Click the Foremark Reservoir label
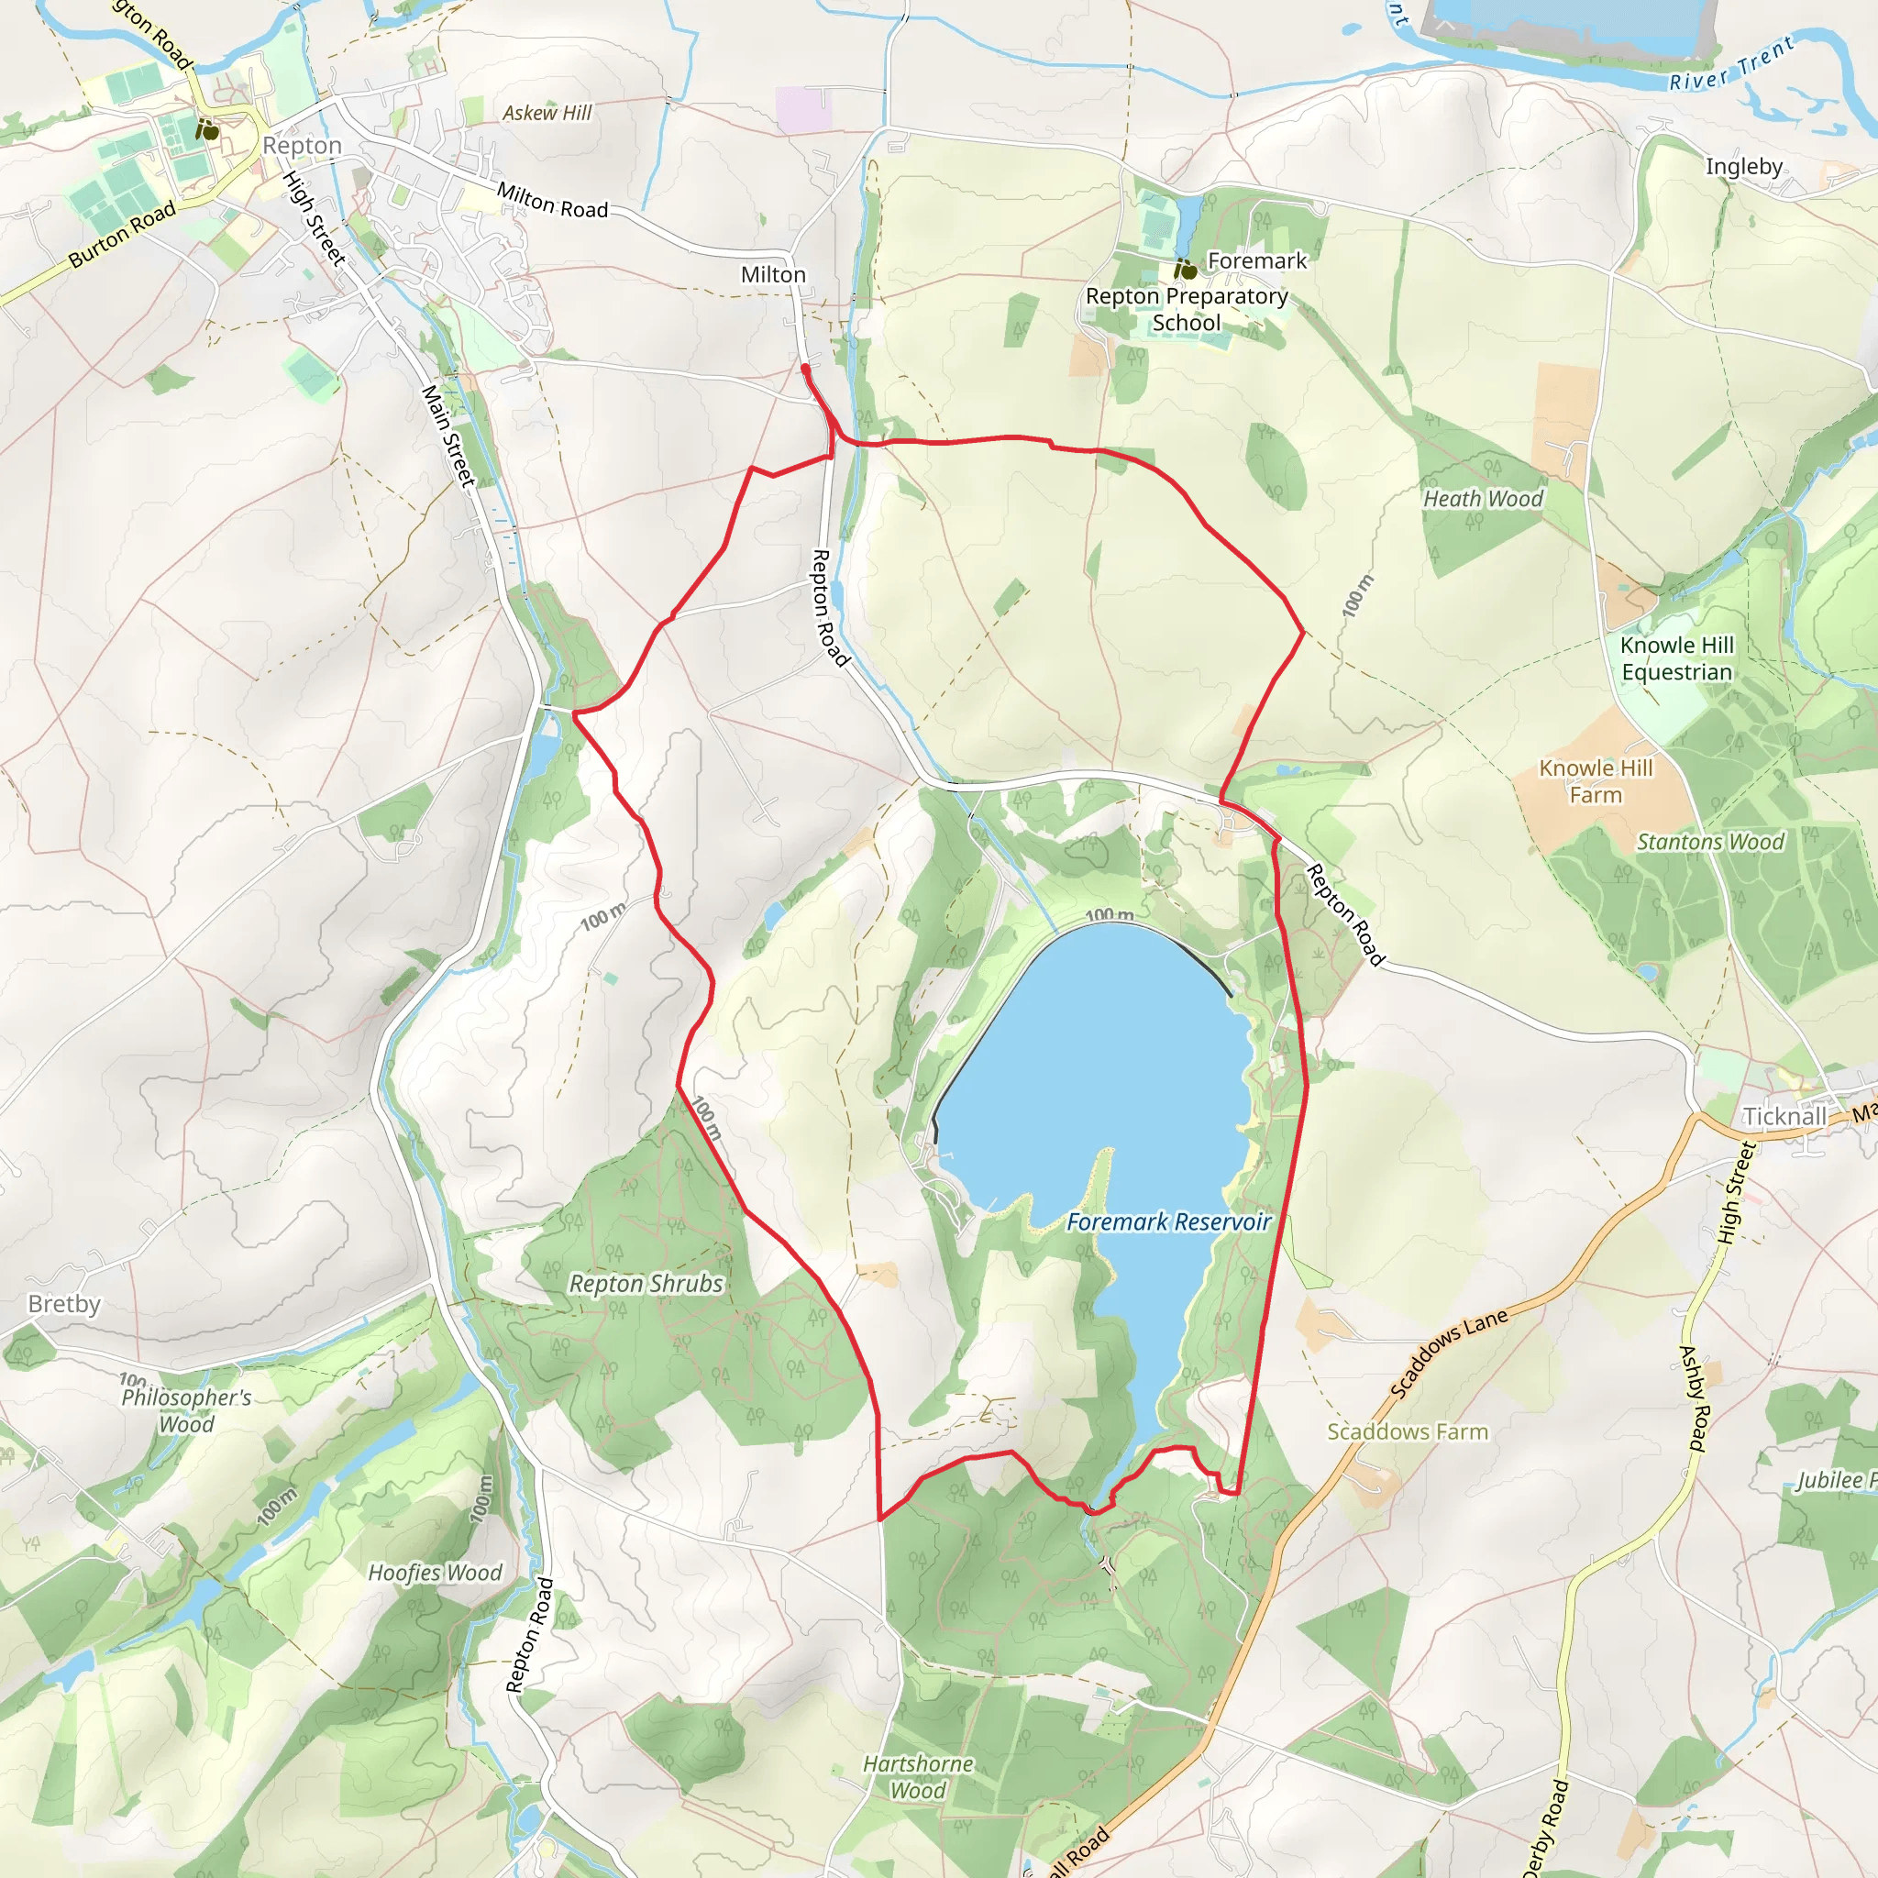(x=1168, y=1221)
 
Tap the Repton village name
(x=303, y=146)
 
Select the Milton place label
(x=773, y=275)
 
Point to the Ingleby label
(x=1744, y=166)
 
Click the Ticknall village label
(x=1784, y=1116)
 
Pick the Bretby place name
(x=64, y=1304)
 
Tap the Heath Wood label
(x=1484, y=499)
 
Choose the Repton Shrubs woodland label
(x=646, y=1284)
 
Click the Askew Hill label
(x=547, y=113)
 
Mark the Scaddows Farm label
(x=1408, y=1431)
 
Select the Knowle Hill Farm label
(x=1596, y=781)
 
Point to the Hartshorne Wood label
(x=918, y=1777)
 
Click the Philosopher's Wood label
(x=187, y=1410)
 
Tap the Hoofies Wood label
(x=435, y=1573)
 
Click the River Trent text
(x=1731, y=64)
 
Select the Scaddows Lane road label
(x=1448, y=1353)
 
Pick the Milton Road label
(x=552, y=200)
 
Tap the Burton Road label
(x=123, y=234)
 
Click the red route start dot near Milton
(x=806, y=369)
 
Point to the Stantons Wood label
(x=1711, y=842)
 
